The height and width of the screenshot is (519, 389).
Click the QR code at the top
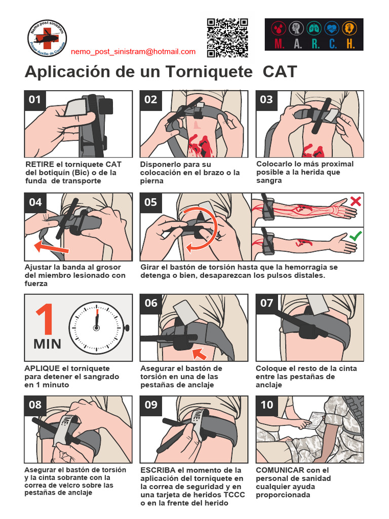click(227, 38)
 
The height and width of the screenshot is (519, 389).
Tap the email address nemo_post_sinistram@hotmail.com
click(133, 52)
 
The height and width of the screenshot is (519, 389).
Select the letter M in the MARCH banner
click(279, 44)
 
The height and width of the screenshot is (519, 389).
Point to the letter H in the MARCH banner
click(350, 44)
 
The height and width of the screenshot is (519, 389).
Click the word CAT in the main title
click(280, 72)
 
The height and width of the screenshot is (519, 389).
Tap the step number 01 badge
click(35, 100)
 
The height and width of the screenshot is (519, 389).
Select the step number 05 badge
click(151, 202)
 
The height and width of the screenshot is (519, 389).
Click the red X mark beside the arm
click(356, 201)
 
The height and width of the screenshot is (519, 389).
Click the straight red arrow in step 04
click(51, 248)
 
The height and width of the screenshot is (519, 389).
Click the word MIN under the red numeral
click(47, 344)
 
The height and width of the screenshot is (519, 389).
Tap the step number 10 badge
click(266, 404)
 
